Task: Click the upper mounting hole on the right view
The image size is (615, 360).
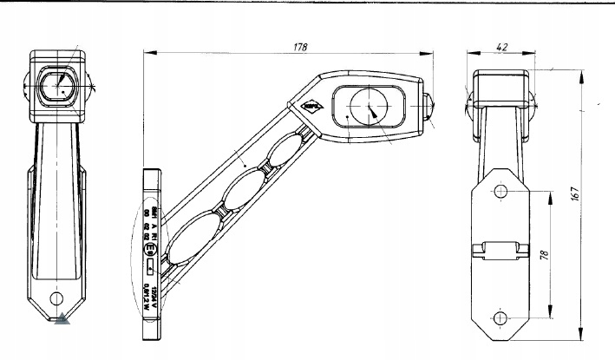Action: click(501, 192)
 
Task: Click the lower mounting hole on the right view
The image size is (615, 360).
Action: click(501, 316)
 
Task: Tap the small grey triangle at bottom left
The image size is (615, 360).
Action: click(62, 321)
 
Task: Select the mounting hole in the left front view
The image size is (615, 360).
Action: click(58, 299)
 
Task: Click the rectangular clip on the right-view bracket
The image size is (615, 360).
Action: click(499, 251)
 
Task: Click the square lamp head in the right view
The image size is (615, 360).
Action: click(500, 85)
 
